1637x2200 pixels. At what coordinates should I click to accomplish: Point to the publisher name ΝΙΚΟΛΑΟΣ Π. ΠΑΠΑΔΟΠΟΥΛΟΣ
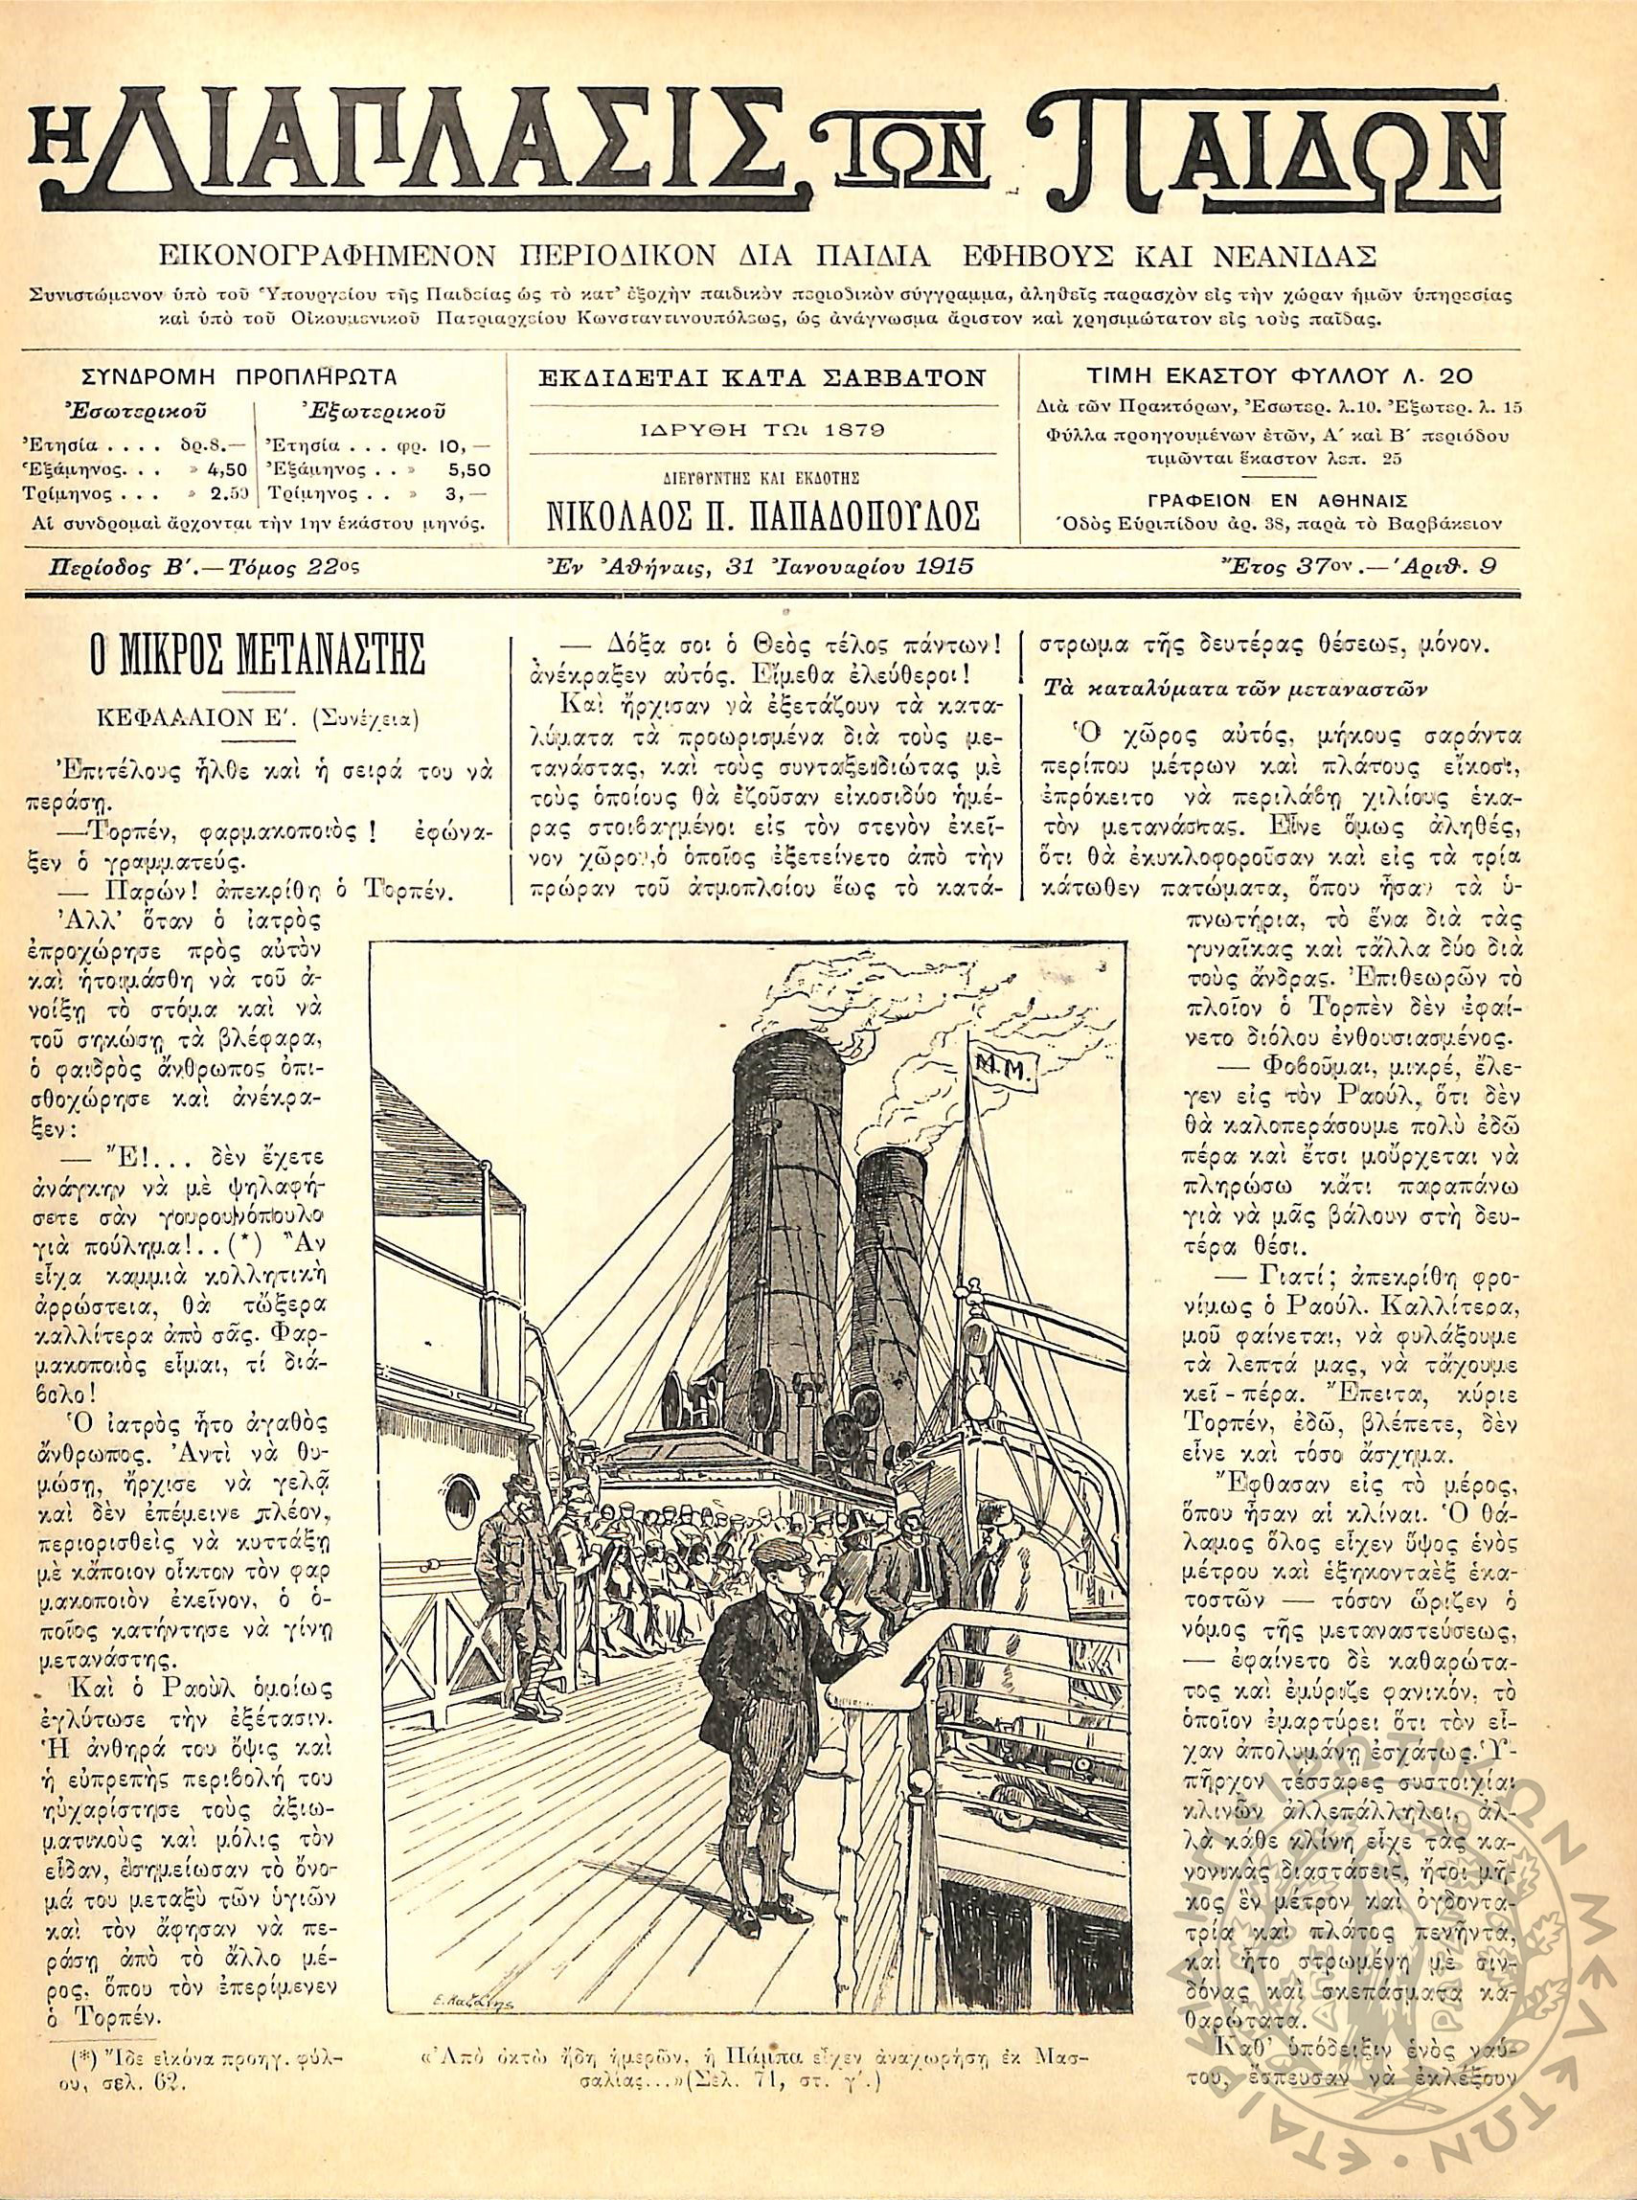point(763,517)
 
